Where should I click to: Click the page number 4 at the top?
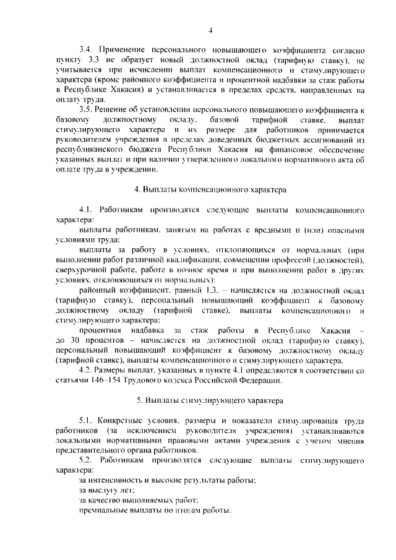coord(210,31)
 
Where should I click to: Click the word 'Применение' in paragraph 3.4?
coord(122,49)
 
